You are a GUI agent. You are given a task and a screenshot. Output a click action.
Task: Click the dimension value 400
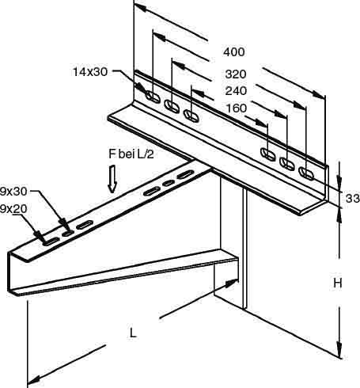pyautogui.click(x=234, y=52)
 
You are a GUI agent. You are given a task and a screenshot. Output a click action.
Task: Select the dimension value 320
pyautogui.click(x=236, y=74)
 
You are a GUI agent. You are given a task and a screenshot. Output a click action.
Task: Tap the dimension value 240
pyautogui.click(x=236, y=91)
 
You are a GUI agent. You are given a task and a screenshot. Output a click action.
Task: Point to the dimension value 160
pyautogui.click(x=237, y=108)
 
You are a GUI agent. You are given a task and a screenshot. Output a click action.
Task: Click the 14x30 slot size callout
pyautogui.click(x=90, y=72)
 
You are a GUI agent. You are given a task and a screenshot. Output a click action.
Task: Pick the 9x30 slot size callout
pyautogui.click(x=13, y=192)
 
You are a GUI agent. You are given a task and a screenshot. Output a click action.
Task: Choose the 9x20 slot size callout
pyautogui.click(x=13, y=209)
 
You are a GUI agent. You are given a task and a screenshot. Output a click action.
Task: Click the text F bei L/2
pyautogui.click(x=131, y=154)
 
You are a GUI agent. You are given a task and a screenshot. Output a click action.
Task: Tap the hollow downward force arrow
pyautogui.click(x=112, y=179)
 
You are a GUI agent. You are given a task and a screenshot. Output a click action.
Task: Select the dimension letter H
pyautogui.click(x=338, y=283)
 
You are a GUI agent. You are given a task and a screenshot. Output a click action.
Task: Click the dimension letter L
pyautogui.click(x=133, y=333)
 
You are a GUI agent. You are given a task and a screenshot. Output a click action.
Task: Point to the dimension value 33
pyautogui.click(x=353, y=198)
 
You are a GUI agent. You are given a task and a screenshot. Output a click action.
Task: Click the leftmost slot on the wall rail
pyautogui.click(x=153, y=97)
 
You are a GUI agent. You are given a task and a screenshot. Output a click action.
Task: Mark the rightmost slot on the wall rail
pyautogui.click(x=306, y=173)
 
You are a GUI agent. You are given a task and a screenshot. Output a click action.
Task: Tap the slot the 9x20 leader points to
pyautogui.click(x=51, y=242)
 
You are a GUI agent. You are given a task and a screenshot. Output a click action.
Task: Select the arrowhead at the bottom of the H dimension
pyautogui.click(x=339, y=351)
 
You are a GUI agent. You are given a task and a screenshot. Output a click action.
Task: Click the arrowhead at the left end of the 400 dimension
pyautogui.click(x=140, y=6)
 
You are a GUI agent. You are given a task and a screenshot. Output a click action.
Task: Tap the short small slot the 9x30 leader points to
pyautogui.click(x=68, y=233)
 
